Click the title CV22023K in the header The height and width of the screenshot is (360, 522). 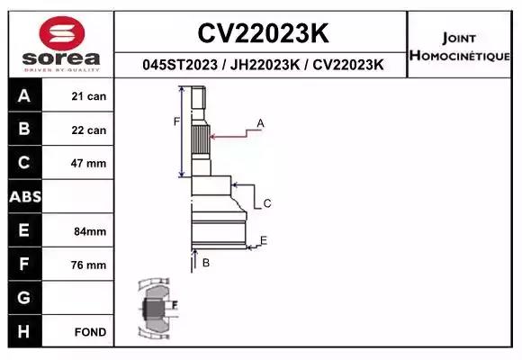(x=262, y=32)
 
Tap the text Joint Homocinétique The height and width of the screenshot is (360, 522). (x=459, y=46)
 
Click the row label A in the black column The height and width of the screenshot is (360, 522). (x=23, y=96)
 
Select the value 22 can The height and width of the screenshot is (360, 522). (x=88, y=130)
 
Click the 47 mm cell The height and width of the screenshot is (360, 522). (x=88, y=164)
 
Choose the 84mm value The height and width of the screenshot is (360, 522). (x=89, y=231)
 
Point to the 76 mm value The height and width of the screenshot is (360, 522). (x=88, y=265)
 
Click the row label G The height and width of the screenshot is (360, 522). (x=23, y=297)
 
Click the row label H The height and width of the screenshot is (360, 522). (x=23, y=331)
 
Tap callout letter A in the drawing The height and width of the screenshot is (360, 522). (x=260, y=122)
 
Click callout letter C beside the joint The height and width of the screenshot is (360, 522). (x=267, y=204)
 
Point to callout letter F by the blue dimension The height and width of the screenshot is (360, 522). (x=176, y=121)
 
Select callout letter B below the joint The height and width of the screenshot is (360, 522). (x=205, y=263)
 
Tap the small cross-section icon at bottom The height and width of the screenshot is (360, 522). (x=157, y=309)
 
